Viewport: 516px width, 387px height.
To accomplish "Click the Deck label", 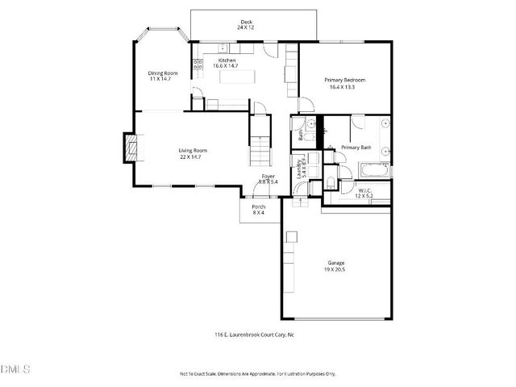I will (246, 22).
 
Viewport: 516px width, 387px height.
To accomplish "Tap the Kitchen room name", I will (226, 60).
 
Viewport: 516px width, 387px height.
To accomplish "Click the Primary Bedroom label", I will (345, 80).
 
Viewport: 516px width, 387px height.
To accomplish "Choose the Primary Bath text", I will (356, 148).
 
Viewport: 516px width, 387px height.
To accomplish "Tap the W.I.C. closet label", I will (365, 190).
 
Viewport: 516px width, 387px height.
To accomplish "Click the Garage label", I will (335, 264).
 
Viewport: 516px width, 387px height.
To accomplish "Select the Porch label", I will (259, 207).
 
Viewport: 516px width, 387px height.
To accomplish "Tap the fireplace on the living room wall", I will (127, 148).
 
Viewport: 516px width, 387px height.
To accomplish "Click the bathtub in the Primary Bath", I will (374, 170).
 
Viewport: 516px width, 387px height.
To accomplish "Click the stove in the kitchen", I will (197, 68).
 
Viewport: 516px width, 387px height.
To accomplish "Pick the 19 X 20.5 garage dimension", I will (335, 270).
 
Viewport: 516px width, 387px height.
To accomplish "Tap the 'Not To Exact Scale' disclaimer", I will (257, 374).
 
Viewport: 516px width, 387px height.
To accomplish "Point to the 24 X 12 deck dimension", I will (246, 27).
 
